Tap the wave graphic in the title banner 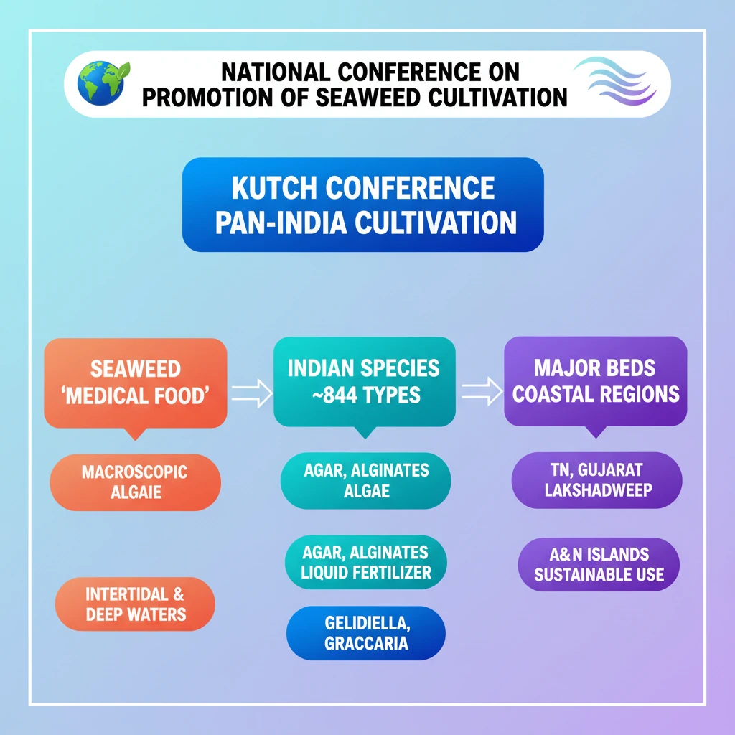(x=615, y=82)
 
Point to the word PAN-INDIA (x=281, y=223)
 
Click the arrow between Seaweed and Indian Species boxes (x=252, y=393)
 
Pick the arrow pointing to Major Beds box (x=482, y=391)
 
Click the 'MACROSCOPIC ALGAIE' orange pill (x=135, y=482)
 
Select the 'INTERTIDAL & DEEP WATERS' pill (x=135, y=604)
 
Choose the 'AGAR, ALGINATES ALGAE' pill (x=365, y=480)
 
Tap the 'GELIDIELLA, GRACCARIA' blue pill (x=366, y=633)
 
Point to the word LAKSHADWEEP (x=598, y=490)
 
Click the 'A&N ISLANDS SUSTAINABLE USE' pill (x=599, y=564)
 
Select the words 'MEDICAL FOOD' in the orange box (x=135, y=396)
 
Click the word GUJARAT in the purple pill (x=610, y=469)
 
